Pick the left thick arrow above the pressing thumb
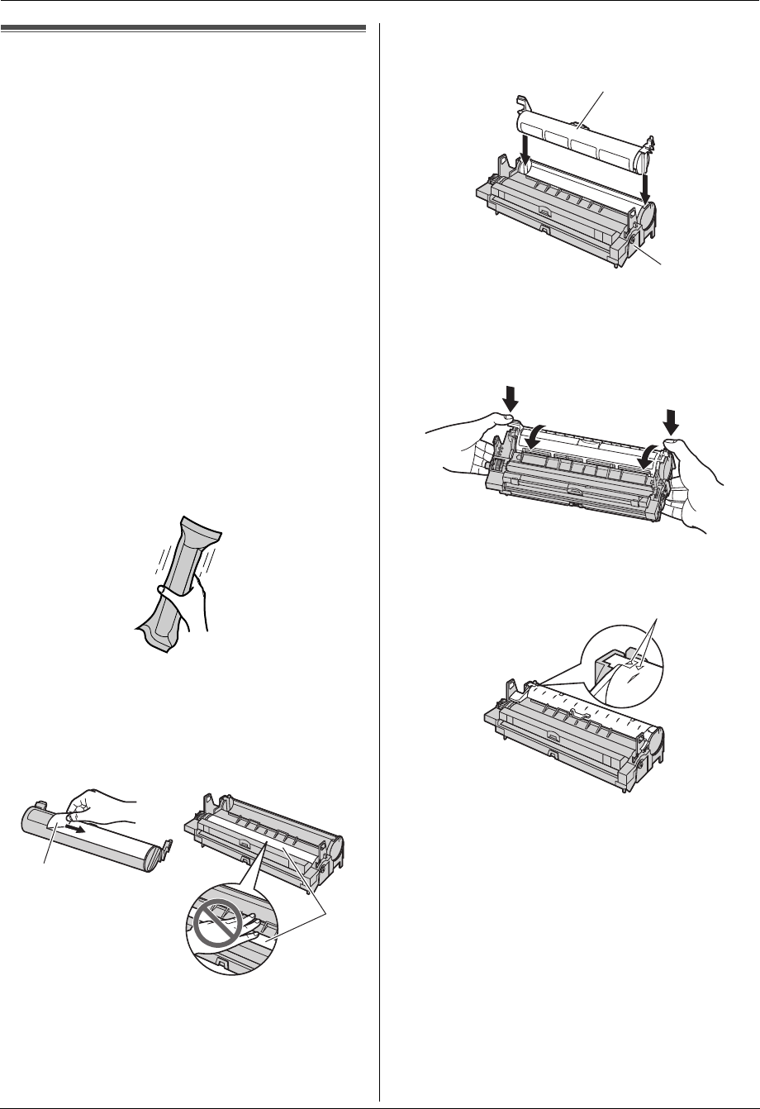[x=510, y=397]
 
